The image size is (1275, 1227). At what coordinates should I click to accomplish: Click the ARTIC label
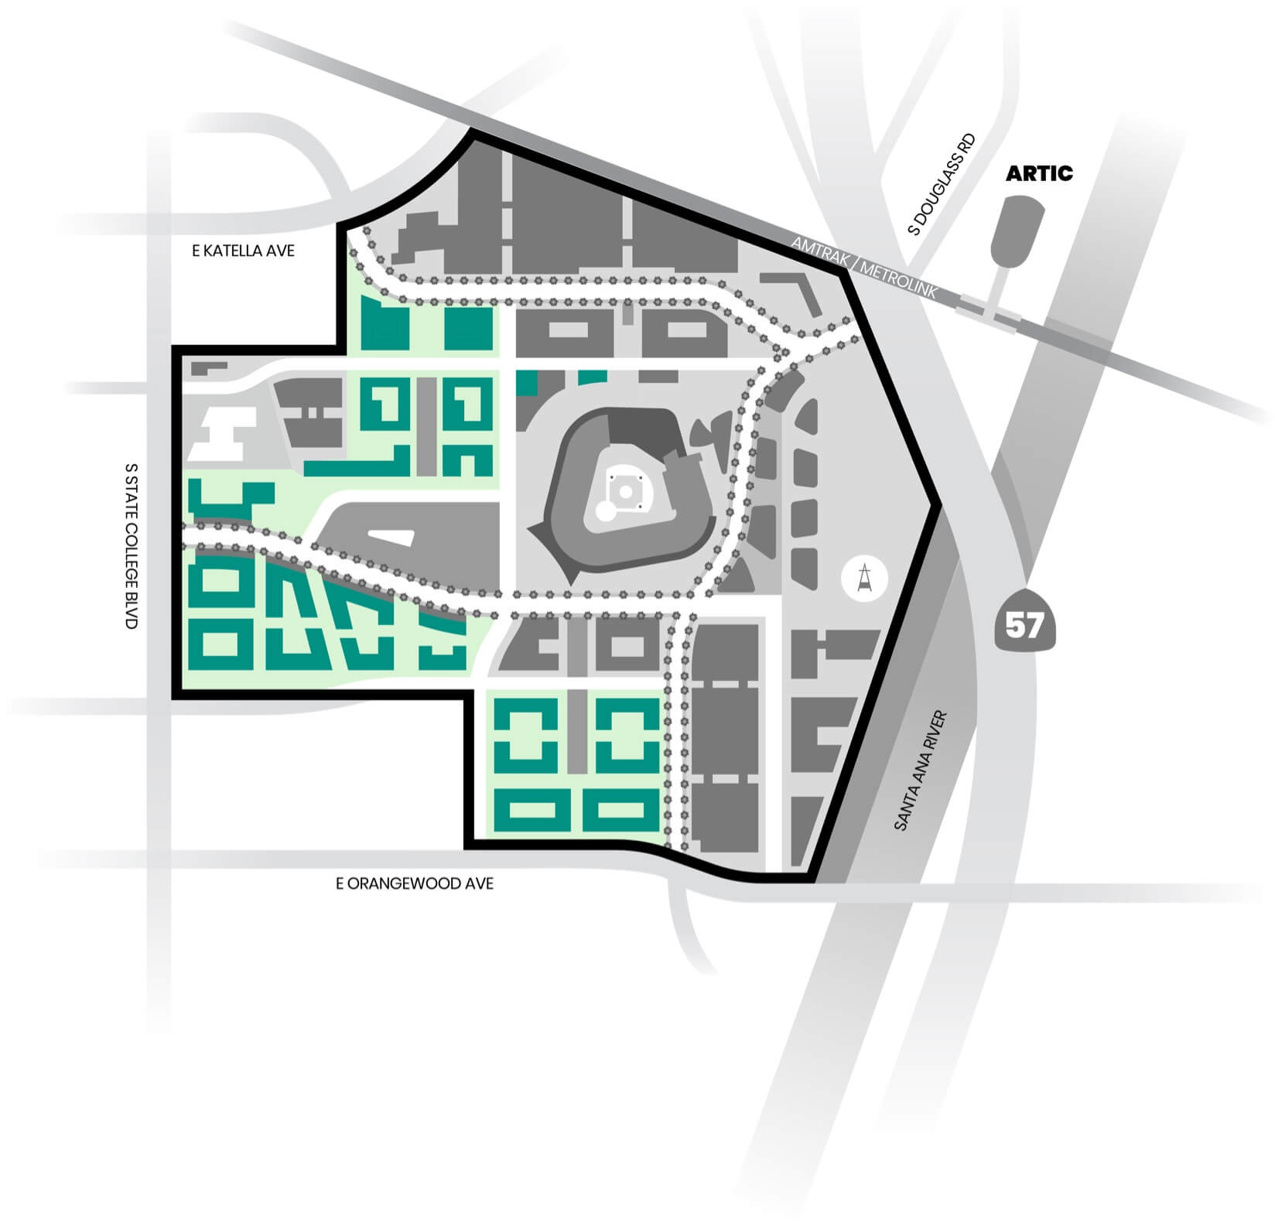pyautogui.click(x=1038, y=173)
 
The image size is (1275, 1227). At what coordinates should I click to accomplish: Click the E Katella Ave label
pyautogui.click(x=243, y=251)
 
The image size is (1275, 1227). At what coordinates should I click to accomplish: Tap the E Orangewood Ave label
pyautogui.click(x=414, y=884)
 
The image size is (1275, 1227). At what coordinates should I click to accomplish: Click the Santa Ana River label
pyautogui.click(x=921, y=771)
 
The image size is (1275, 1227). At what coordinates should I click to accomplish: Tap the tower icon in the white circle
pyautogui.click(x=865, y=579)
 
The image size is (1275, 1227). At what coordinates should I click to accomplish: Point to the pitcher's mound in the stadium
pyautogui.click(x=625, y=491)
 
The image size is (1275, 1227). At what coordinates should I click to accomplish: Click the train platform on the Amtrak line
pyautogui.click(x=986, y=312)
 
